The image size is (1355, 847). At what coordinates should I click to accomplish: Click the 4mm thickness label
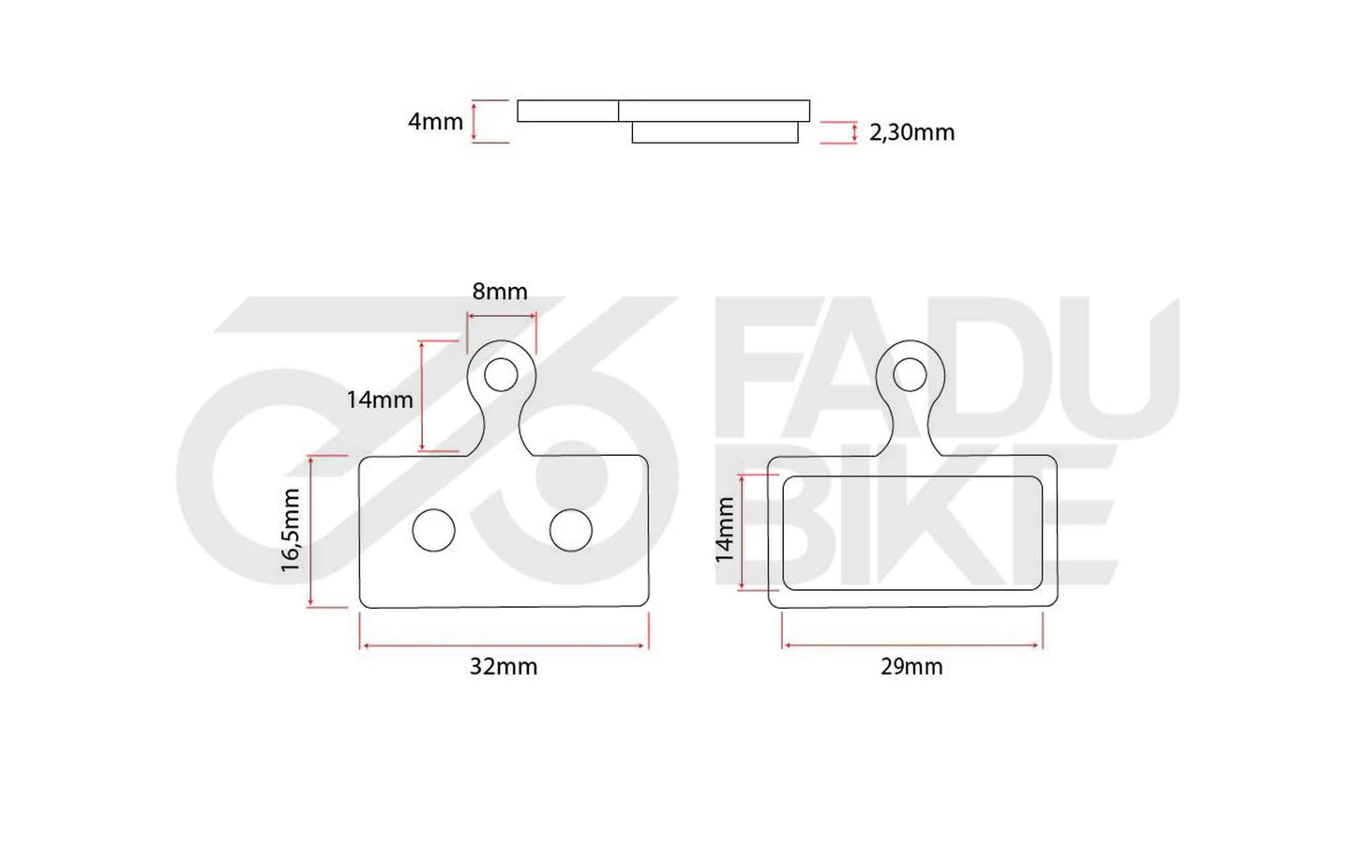[435, 122]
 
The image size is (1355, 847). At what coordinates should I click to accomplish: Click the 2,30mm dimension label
[911, 132]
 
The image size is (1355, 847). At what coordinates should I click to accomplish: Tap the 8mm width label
[500, 292]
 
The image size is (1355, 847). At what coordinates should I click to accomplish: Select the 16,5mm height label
[291, 530]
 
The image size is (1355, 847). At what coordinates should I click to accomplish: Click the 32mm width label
[504, 667]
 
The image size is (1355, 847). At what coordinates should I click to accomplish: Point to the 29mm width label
[911, 667]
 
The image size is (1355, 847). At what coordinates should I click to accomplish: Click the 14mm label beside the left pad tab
[380, 400]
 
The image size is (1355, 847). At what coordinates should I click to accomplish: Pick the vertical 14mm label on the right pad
[725, 530]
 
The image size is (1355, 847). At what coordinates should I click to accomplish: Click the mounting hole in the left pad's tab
[502, 374]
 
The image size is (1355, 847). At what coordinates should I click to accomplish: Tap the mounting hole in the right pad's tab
[910, 374]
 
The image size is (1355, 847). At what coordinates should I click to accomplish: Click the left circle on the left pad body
[433, 531]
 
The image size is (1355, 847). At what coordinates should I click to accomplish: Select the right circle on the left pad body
[570, 531]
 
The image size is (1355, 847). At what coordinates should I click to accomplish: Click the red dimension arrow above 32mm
[504, 645]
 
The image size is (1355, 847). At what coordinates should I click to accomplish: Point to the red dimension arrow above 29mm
[911, 645]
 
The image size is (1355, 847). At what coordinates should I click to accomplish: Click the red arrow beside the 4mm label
[474, 122]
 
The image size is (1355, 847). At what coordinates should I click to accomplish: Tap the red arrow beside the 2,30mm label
[854, 132]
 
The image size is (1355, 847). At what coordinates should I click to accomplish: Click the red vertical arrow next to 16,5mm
[310, 531]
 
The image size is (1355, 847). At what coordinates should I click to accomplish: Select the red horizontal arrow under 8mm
[501, 316]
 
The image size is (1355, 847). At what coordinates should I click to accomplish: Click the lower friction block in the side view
[715, 132]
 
